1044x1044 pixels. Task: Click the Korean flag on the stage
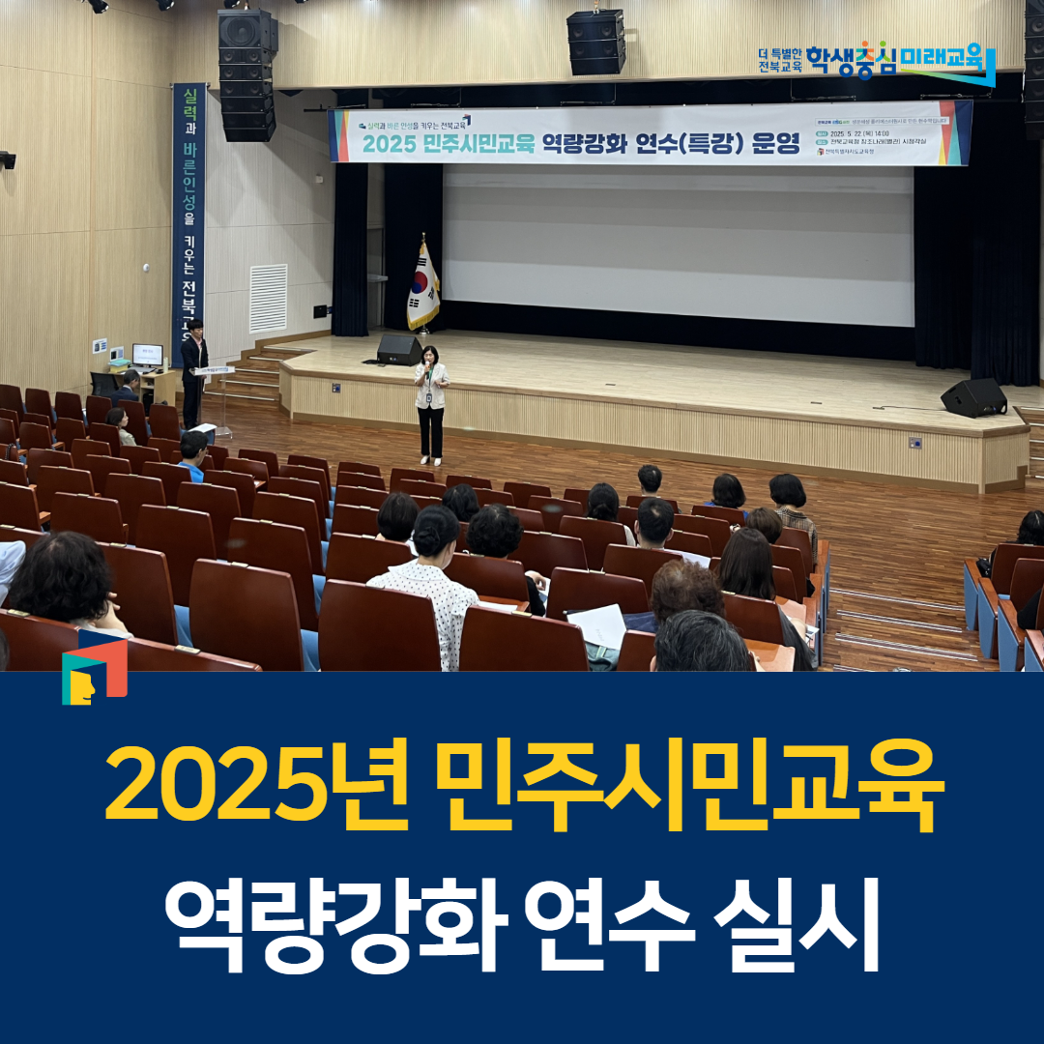tap(422, 286)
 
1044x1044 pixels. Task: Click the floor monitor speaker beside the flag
tap(399, 349)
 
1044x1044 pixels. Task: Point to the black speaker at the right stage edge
tap(973, 397)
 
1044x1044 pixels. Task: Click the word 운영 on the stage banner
tap(773, 144)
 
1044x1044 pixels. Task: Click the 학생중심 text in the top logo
tap(852, 60)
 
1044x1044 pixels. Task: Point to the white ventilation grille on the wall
tap(269, 298)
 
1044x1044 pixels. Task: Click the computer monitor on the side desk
tap(147, 355)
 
